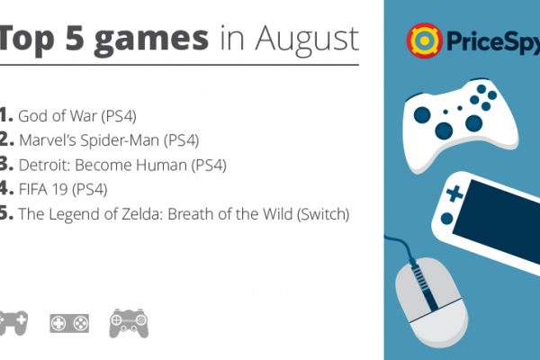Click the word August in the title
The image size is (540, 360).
pyautogui.click(x=307, y=40)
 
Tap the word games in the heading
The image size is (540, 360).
pyautogui.click(x=151, y=40)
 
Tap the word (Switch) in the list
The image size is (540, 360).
pyautogui.click(x=323, y=214)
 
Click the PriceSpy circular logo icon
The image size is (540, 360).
pyautogui.click(x=424, y=40)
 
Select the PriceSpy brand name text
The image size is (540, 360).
pyautogui.click(x=493, y=41)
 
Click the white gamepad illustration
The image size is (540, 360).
pyautogui.click(x=461, y=125)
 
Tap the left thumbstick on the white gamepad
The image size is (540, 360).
pyautogui.click(x=422, y=114)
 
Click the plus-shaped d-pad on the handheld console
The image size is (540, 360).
pyautogui.click(x=454, y=193)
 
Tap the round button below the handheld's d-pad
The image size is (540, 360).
pyautogui.click(x=446, y=219)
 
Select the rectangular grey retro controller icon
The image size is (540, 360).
pyautogui.click(x=69, y=323)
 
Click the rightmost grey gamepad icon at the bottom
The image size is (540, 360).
pyautogui.click(x=129, y=323)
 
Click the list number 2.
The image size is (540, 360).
pyautogui.click(x=6, y=139)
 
